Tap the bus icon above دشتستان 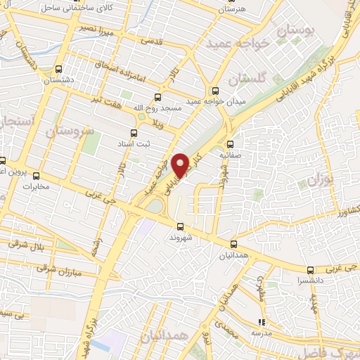[x=58, y=70]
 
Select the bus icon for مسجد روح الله [x=157, y=98]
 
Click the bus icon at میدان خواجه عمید [x=215, y=90]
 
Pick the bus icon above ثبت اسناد [x=134, y=133]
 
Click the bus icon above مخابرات [x=37, y=176]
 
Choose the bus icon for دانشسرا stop [x=310, y=269]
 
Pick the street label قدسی [x=154, y=40]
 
